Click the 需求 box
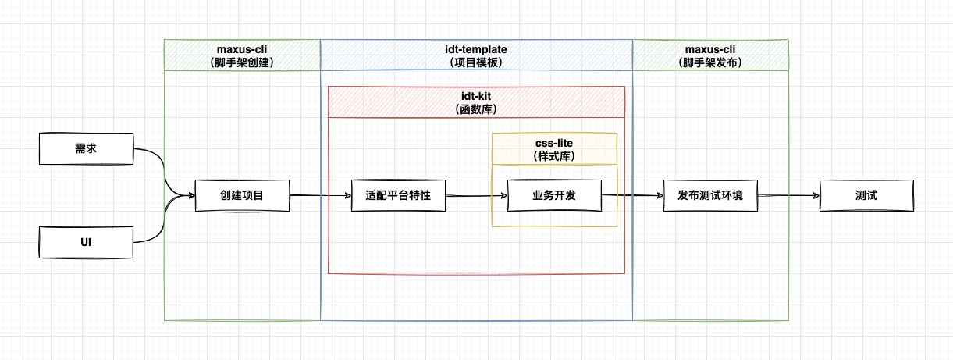tap(86, 148)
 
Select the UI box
tap(86, 242)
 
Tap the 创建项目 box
tap(242, 195)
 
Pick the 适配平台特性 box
tap(398, 195)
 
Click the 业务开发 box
tap(554, 195)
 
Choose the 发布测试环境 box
tap(710, 195)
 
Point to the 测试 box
tap(866, 195)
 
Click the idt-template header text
tap(476, 49)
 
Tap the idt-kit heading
tap(476, 96)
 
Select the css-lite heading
tap(554, 143)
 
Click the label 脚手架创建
tap(242, 62)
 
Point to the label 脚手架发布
tap(710, 62)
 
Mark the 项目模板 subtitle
tap(476, 62)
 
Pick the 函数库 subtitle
tap(476, 109)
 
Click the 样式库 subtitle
tap(554, 156)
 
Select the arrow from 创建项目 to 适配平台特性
tap(320, 195)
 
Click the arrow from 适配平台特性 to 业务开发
tap(476, 196)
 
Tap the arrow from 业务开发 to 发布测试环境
tap(632, 196)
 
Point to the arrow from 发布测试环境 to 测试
tap(788, 196)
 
